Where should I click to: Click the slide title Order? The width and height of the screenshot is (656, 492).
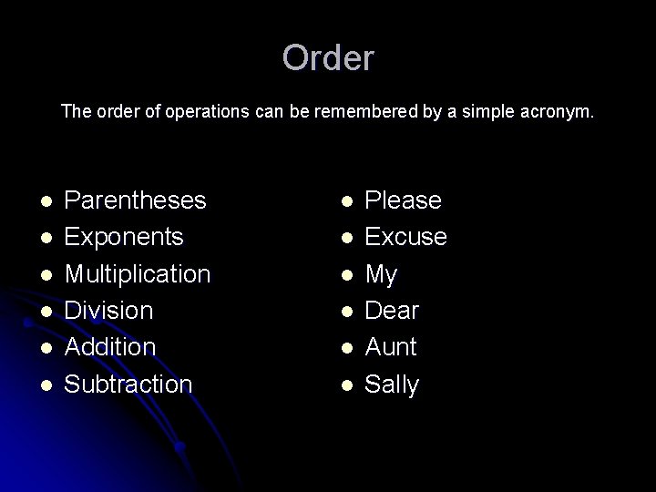pos(328,58)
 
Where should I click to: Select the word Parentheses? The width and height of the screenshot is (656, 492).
pos(136,200)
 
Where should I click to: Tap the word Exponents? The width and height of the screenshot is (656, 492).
pos(124,237)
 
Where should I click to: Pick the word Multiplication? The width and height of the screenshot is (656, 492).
pos(138,274)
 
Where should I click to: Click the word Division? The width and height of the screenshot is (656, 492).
pos(108,311)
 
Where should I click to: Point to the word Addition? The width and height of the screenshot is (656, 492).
pos(110,347)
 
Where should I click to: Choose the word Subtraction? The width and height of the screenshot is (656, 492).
pos(128,384)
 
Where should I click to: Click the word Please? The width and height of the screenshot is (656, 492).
pos(403,200)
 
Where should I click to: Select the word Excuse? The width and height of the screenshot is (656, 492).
pos(405,237)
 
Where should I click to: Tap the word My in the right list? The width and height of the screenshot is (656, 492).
pos(381,274)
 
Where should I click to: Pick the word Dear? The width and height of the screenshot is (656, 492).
pos(392,311)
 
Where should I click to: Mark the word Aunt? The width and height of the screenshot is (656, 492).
pos(390,347)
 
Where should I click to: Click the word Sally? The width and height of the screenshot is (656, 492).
pos(392,384)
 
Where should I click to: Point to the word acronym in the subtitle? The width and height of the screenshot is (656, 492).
pos(559,113)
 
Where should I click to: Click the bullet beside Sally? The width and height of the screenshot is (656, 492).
pos(344,384)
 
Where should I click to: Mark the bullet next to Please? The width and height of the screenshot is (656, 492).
pos(344,200)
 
